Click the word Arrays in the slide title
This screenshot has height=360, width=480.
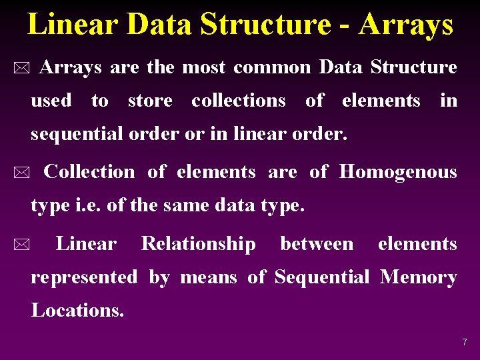406,25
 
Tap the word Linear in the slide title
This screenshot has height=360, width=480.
71,25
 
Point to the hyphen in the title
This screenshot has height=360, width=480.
344,27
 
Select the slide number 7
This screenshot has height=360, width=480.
465,342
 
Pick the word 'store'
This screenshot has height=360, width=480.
150,101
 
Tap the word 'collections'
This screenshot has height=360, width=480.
239,101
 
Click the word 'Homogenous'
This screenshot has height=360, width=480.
398,172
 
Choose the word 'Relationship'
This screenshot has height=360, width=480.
198,244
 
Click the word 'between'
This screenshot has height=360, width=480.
317,244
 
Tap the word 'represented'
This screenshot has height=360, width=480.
85,277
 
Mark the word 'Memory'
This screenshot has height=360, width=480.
419,277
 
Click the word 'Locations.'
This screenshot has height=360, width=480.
77,310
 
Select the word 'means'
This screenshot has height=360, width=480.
209,277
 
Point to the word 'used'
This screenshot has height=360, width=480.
51,101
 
